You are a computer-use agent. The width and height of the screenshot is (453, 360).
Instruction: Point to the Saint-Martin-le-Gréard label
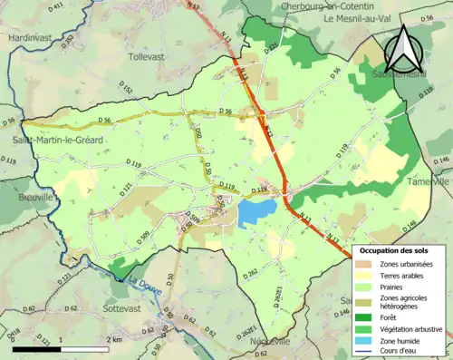tap(57, 140)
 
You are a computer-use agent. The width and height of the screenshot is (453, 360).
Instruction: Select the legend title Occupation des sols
tap(395, 249)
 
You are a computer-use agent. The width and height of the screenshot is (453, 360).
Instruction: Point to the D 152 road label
tap(127, 90)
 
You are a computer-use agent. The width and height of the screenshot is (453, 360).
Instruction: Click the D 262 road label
tap(251, 271)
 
